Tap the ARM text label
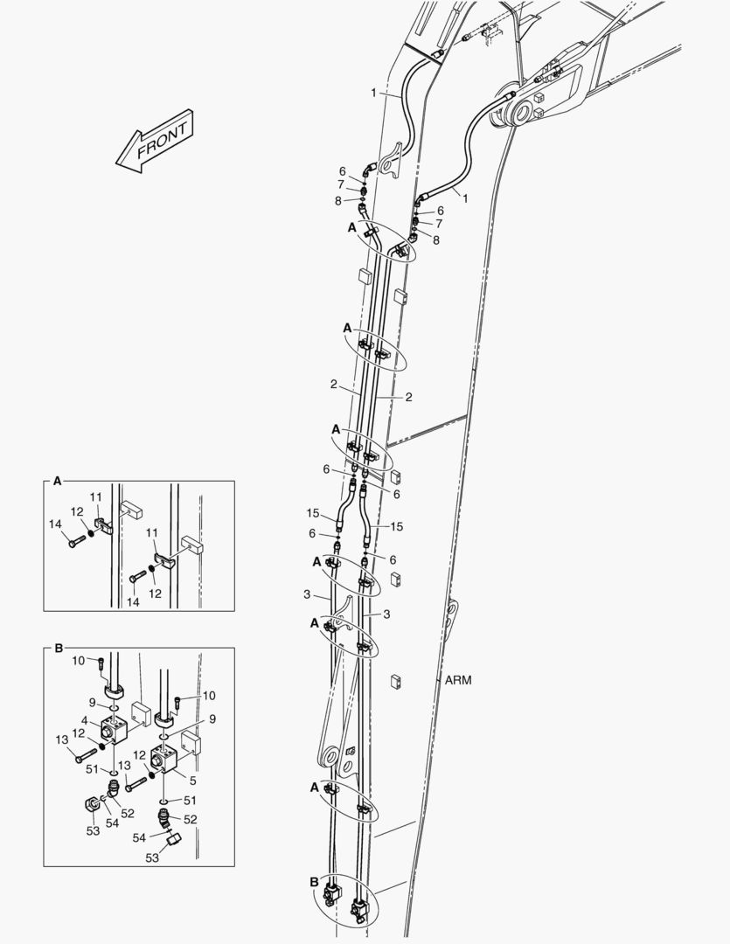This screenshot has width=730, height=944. [457, 679]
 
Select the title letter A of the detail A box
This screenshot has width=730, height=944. [58, 481]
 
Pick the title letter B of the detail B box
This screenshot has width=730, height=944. [58, 648]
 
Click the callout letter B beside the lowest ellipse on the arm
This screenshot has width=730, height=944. [315, 882]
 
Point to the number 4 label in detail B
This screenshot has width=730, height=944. [86, 720]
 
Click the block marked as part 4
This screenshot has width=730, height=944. [115, 728]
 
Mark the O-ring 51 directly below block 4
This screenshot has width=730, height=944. [114, 773]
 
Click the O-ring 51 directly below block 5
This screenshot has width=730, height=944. [165, 800]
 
